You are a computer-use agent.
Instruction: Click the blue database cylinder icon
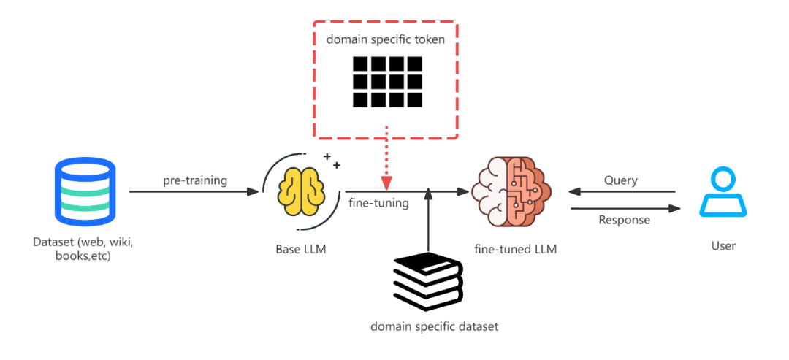(x=85, y=192)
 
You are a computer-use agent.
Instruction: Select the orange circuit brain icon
(x=511, y=192)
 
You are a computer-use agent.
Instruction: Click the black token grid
(x=387, y=81)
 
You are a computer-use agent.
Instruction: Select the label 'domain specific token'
(x=386, y=39)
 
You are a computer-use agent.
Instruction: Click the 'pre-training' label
(x=195, y=180)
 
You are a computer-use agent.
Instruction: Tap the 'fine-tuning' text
(x=378, y=204)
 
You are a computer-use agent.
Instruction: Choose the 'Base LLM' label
(x=300, y=249)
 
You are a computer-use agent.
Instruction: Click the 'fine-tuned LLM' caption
(x=515, y=249)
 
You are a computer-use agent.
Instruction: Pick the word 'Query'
(x=621, y=180)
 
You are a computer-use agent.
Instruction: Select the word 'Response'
(x=624, y=220)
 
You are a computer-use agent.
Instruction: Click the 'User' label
(x=723, y=245)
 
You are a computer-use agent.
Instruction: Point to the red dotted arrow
(x=386, y=157)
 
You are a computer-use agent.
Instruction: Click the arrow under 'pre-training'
(x=194, y=192)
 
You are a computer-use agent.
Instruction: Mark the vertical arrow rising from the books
(x=429, y=219)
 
